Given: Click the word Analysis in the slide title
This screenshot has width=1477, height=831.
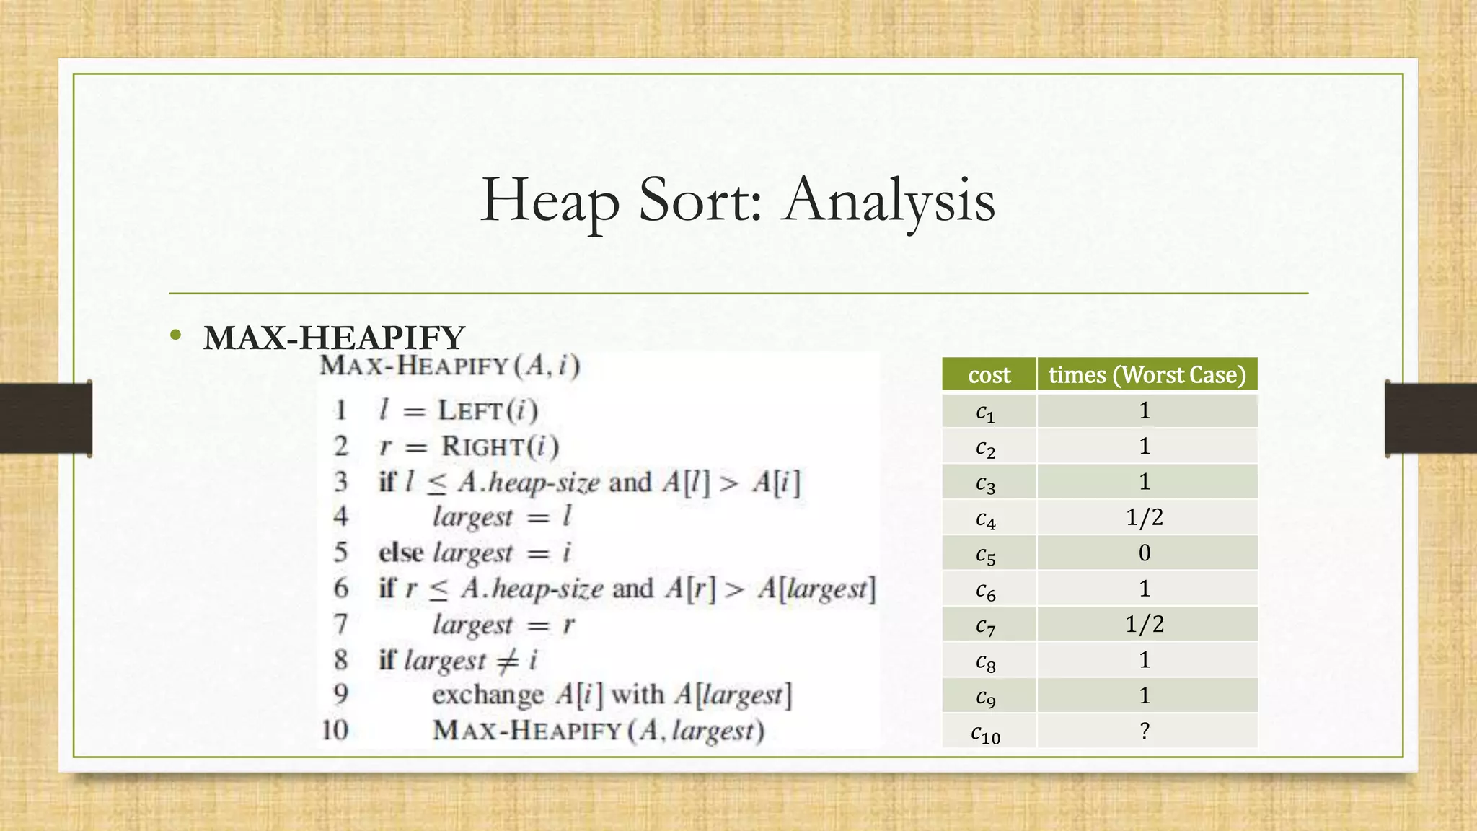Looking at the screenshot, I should [890, 201].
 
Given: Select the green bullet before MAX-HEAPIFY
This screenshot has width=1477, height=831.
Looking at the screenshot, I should [175, 335].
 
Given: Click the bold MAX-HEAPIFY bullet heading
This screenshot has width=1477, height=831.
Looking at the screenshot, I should [334, 338].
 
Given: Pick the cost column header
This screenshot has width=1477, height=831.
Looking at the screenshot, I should [989, 374].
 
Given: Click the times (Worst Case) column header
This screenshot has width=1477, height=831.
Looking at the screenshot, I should [1147, 374].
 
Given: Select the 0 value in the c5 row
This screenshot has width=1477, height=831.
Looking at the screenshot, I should [1145, 553].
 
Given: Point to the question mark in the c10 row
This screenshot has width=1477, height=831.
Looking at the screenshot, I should [1145, 731].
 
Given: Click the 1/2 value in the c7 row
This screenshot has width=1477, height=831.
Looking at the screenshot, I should [1145, 624].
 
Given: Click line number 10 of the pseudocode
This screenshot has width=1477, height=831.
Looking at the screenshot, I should [335, 730].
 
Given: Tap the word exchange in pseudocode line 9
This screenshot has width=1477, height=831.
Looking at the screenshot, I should [488, 695].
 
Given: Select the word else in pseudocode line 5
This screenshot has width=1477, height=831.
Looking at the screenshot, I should [400, 553].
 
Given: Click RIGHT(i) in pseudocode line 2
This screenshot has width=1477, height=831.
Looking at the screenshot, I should [500, 446].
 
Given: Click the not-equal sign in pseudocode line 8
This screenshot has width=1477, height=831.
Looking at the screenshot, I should [508, 659].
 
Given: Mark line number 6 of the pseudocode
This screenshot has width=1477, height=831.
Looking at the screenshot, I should [341, 588].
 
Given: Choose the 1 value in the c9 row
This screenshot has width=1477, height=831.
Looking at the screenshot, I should [1145, 695].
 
